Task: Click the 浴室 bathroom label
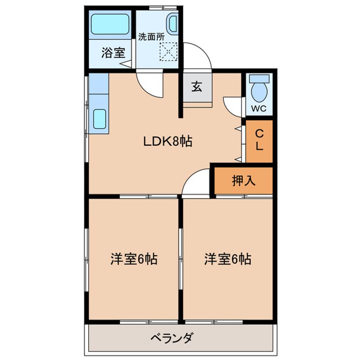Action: click(x=113, y=53)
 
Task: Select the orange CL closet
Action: click(x=259, y=141)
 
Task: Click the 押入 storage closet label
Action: click(x=244, y=180)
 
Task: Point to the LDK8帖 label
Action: click(x=168, y=142)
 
